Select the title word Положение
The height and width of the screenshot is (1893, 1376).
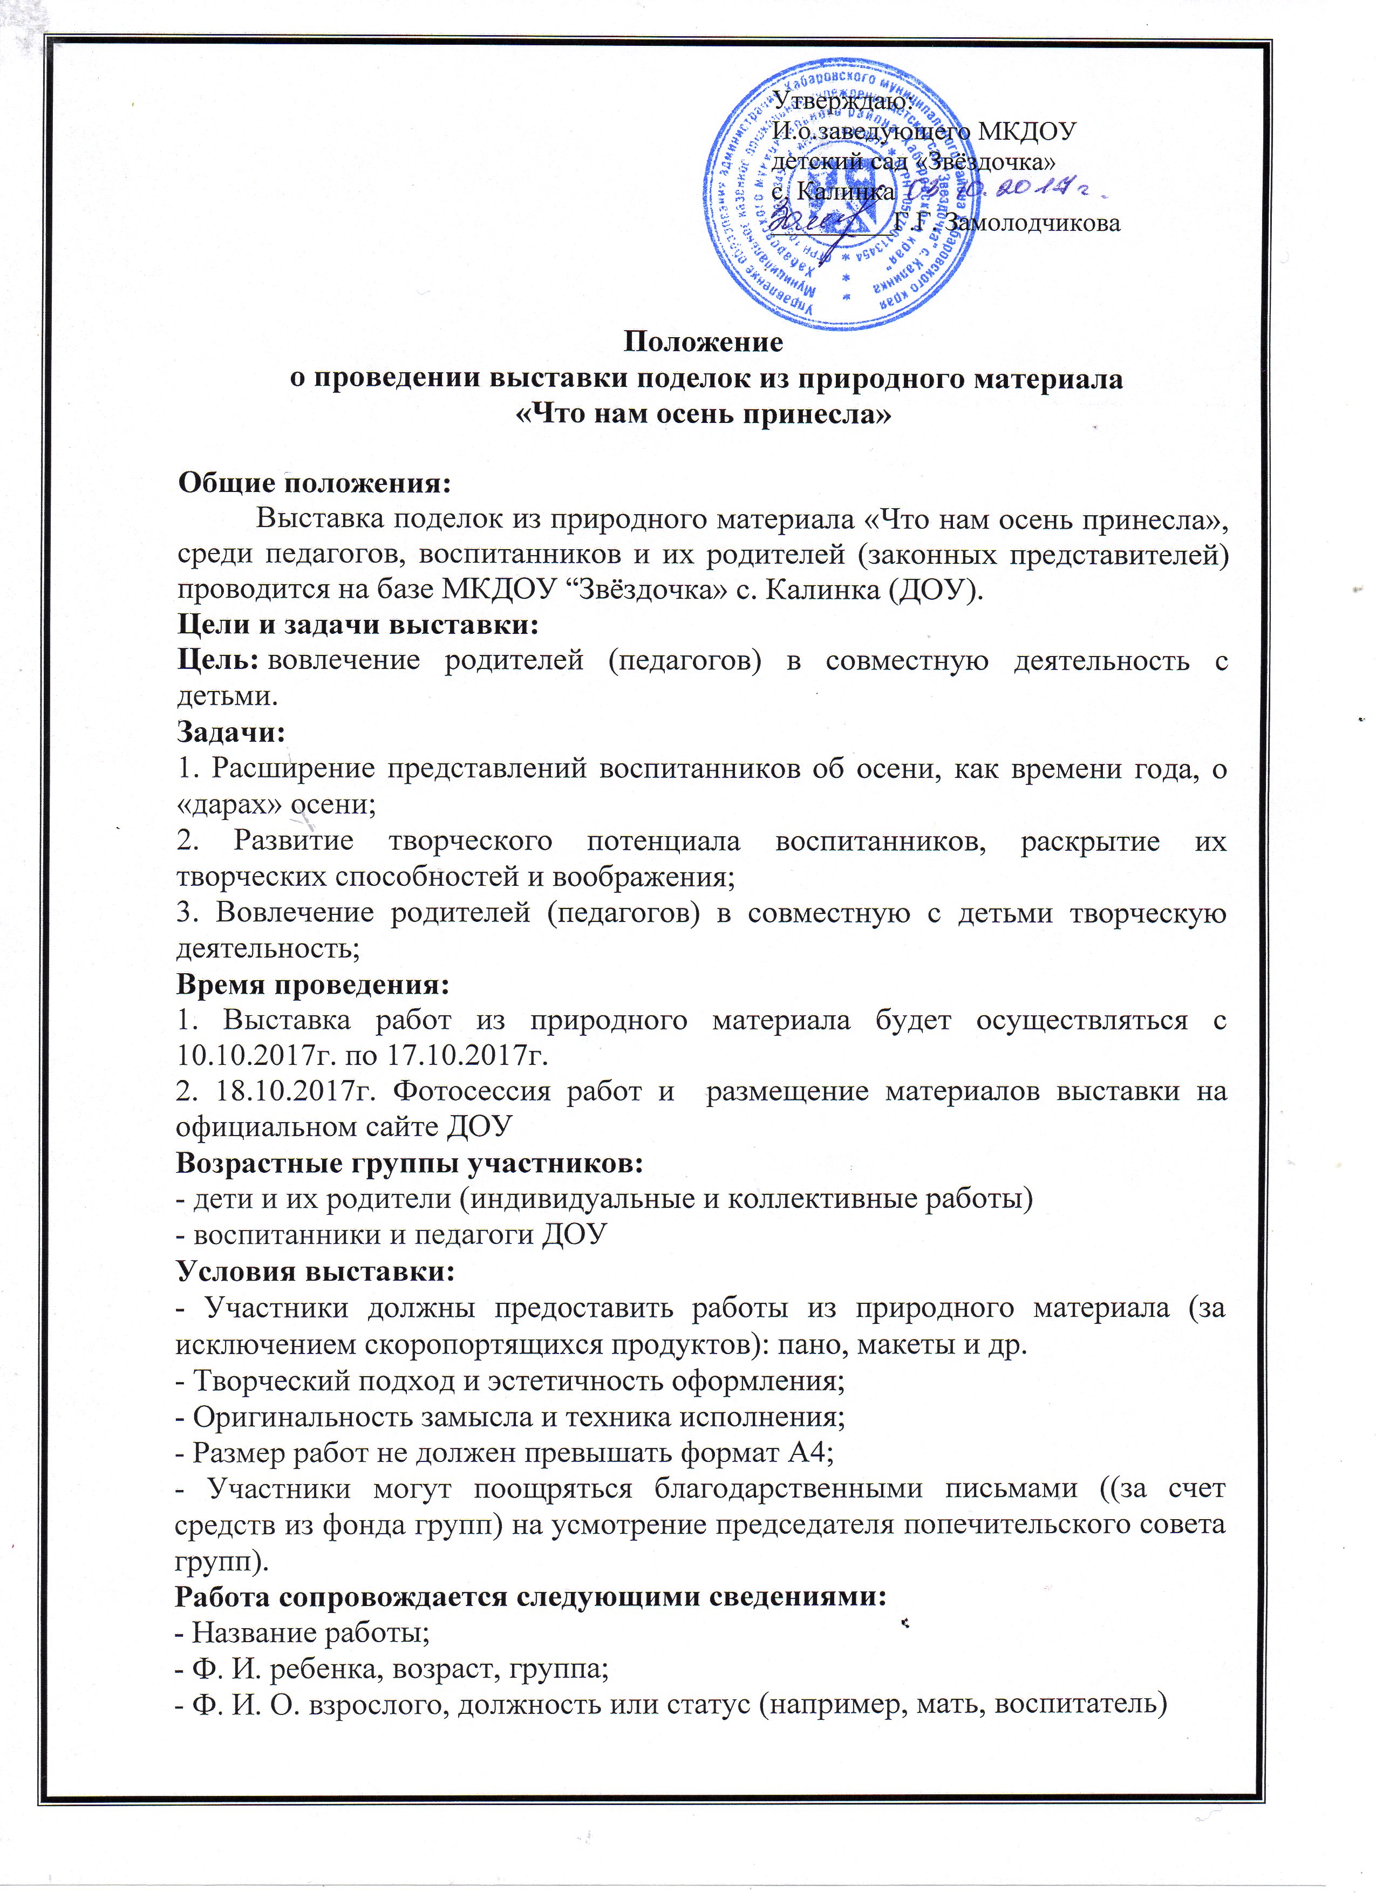click(704, 342)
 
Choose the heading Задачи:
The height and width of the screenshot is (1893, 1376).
click(230, 732)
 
